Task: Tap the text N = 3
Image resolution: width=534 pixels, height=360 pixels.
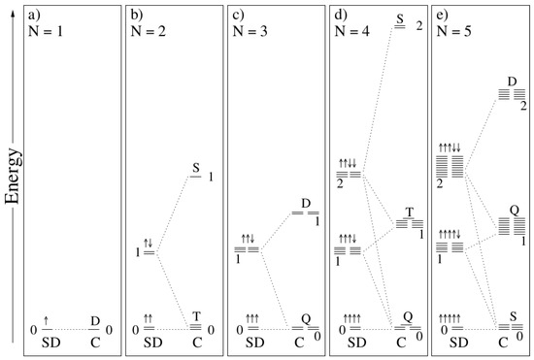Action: [x=250, y=31]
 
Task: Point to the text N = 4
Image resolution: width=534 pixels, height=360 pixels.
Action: [x=352, y=31]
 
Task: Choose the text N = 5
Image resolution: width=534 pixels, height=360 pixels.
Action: [x=454, y=31]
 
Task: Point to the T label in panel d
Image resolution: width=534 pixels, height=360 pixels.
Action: [x=409, y=212]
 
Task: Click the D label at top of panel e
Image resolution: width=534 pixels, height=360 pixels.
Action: [x=511, y=82]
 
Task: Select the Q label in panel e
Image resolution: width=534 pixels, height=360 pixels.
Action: [x=511, y=210]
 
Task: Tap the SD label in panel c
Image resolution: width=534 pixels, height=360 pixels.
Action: [x=254, y=342]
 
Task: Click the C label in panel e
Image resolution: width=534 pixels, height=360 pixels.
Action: [x=503, y=342]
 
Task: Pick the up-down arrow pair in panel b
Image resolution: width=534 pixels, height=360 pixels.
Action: [x=150, y=242]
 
